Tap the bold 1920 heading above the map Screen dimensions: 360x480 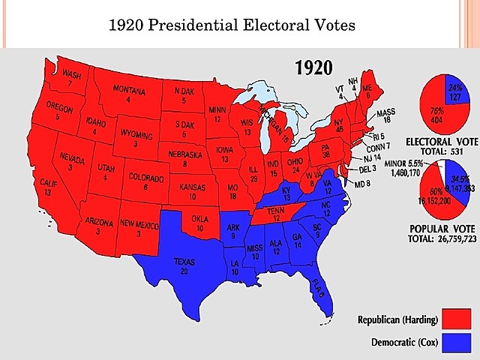pos(315,68)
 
